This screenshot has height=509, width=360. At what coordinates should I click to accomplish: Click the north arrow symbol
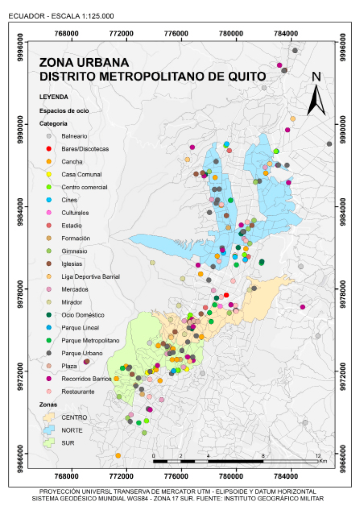point(316,100)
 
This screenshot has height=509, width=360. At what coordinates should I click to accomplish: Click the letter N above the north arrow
point(316,77)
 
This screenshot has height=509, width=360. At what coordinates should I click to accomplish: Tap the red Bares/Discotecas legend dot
point(48,149)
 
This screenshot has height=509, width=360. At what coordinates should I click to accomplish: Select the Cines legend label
point(69,200)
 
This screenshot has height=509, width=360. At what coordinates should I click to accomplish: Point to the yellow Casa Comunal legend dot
point(48,174)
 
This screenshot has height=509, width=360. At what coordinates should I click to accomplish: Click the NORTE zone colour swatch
point(49,430)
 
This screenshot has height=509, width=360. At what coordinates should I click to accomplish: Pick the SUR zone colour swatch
point(49,443)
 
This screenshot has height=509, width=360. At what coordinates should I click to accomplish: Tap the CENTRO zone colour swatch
point(49,418)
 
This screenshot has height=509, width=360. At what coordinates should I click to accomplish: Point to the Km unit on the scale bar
point(323,461)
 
